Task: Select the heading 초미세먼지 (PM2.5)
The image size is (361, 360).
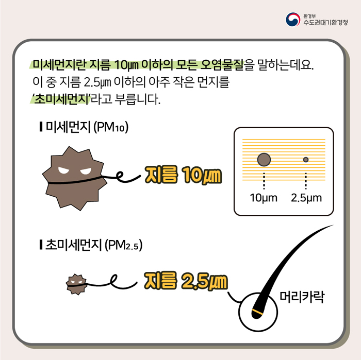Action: click(94, 245)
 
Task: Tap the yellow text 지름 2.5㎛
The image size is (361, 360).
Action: click(185, 281)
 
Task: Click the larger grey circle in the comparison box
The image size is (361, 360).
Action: click(264, 160)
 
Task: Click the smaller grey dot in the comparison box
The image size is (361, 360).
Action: click(306, 160)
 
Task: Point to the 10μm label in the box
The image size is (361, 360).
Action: click(264, 198)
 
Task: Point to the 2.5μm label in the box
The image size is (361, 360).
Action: click(306, 198)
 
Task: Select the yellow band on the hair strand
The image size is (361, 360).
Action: click(257, 313)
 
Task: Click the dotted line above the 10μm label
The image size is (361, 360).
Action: click(264, 181)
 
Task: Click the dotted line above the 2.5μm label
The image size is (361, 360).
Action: click(306, 181)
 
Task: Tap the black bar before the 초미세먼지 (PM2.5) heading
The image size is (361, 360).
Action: click(41, 245)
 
